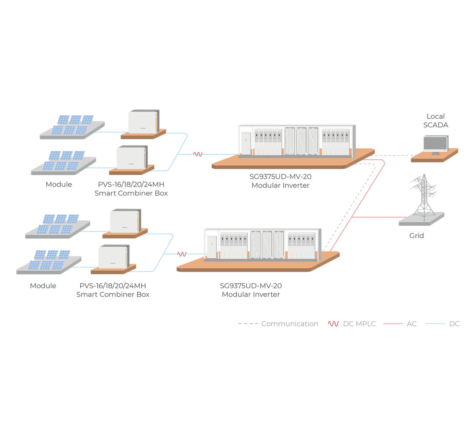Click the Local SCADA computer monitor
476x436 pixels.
435,144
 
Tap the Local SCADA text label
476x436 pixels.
435,121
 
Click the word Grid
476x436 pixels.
416,236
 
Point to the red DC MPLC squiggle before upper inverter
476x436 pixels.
198,154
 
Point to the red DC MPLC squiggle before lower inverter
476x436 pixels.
182,254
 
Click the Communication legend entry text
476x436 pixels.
289,324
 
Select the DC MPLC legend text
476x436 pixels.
359,324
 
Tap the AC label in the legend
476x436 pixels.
411,324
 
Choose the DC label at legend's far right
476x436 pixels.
454,324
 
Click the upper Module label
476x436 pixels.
59,184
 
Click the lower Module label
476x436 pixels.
43,286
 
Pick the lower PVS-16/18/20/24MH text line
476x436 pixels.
112,286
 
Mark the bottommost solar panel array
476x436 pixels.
49,260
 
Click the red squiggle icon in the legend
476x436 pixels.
333,324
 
